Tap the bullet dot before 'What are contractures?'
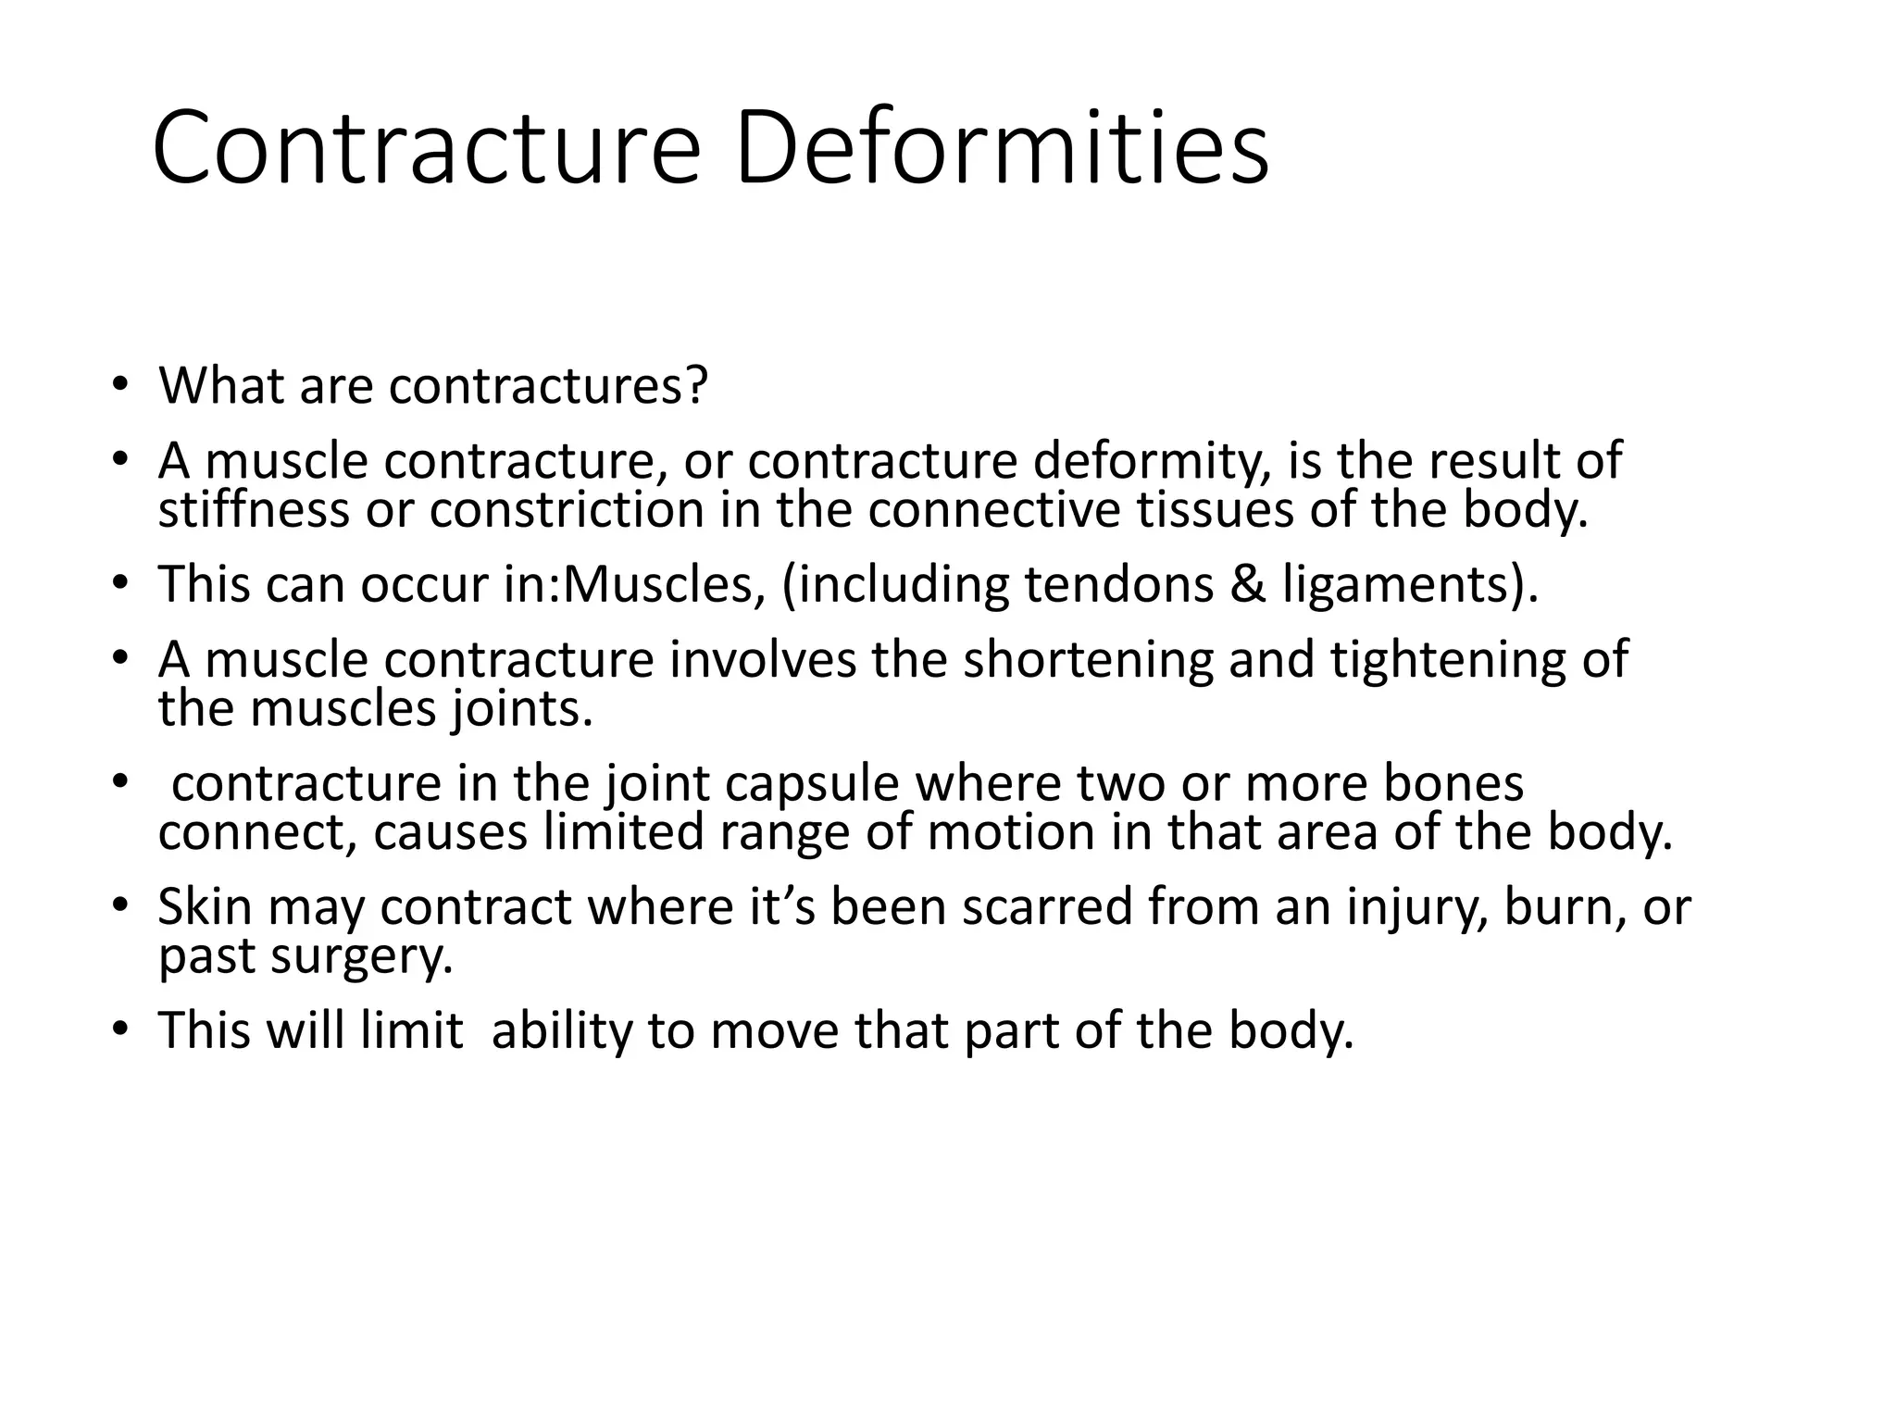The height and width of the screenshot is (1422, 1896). click(119, 386)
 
